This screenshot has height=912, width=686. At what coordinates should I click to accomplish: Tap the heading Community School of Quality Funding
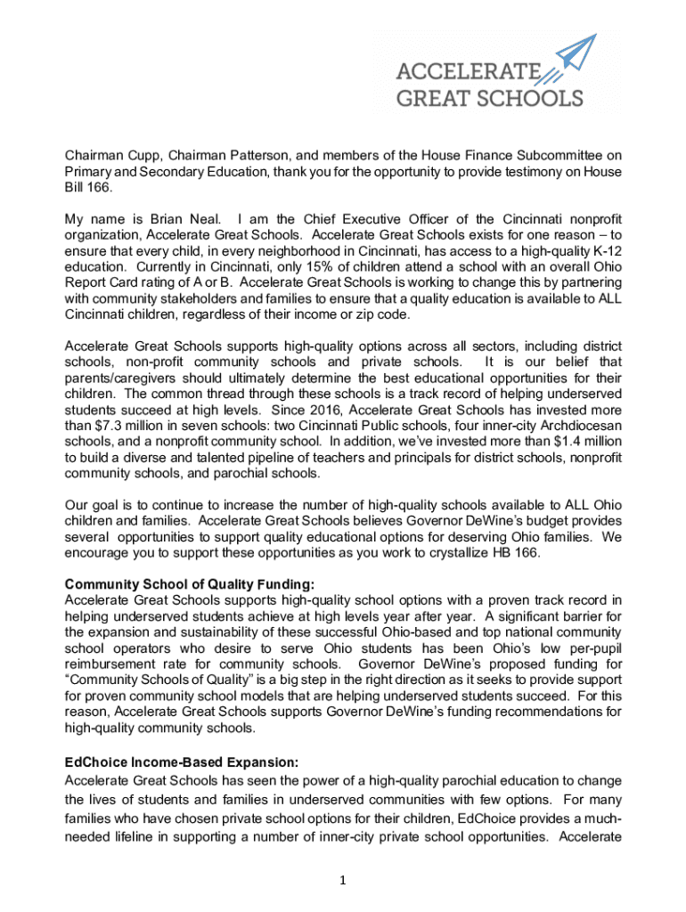coord(190,584)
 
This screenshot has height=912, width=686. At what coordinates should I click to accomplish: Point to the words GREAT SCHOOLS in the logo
coord(489,97)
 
